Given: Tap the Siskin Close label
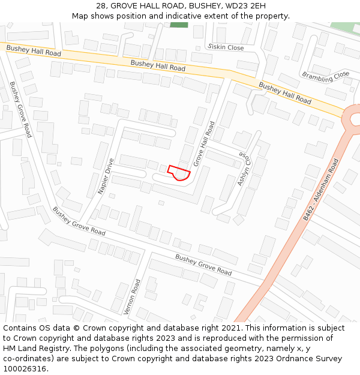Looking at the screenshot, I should [x=226, y=47].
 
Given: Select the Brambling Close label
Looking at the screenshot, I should [x=325, y=76].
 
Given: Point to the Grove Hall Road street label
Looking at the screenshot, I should [x=204, y=144].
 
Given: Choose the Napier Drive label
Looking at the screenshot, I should [x=106, y=176].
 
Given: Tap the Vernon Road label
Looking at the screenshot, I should [x=133, y=296].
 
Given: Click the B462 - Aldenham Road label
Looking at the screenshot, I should [x=321, y=190].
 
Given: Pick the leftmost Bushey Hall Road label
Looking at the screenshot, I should [x=34, y=50].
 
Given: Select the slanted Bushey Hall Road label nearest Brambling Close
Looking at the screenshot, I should [x=285, y=93].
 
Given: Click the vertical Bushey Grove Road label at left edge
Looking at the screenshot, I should [x=20, y=109].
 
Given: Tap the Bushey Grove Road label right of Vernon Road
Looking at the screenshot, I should [x=203, y=265].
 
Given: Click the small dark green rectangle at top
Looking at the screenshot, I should [x=178, y=25].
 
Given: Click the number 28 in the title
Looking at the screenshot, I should [x=100, y=5].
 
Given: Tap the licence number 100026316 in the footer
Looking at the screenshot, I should [x=25, y=368].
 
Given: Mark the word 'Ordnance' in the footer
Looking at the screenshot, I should [x=295, y=358].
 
